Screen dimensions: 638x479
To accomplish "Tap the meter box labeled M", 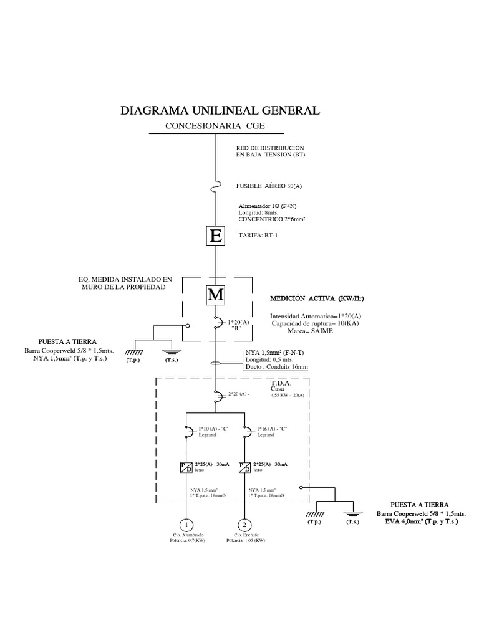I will [215, 295].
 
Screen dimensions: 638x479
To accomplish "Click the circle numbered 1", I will [186, 525].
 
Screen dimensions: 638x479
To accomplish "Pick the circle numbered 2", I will [245, 525].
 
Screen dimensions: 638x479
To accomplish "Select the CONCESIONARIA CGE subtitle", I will [215, 126].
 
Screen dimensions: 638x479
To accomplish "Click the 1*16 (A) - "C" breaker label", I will [273, 429].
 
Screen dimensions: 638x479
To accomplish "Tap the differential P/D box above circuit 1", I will [186, 467].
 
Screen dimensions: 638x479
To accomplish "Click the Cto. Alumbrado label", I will [188, 535].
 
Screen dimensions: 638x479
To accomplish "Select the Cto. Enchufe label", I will [246, 535].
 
